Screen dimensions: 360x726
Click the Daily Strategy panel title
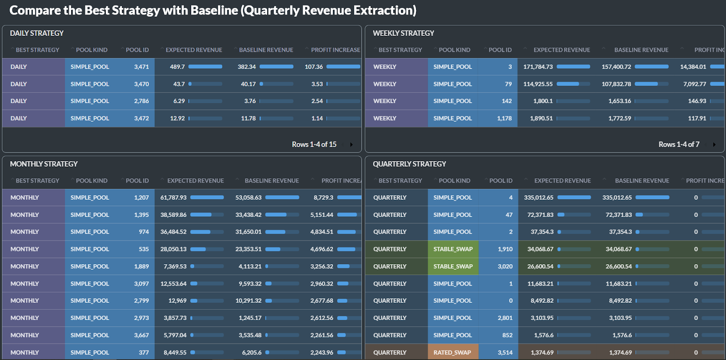click(37, 33)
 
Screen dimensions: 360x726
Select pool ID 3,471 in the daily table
click(141, 67)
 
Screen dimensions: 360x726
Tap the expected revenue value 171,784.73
click(538, 67)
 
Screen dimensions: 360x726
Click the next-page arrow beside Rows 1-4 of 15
click(351, 145)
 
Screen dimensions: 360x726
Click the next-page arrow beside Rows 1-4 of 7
click(714, 145)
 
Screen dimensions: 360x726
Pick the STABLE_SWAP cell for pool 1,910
click(453, 249)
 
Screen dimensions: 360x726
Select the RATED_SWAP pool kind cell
click(452, 352)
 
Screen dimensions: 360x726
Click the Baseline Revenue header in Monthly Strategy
click(271, 181)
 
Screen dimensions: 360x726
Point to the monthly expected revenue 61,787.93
click(173, 197)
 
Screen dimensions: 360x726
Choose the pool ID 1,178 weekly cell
click(504, 118)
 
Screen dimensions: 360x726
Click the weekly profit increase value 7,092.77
click(694, 84)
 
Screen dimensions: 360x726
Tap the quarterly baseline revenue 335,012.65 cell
click(617, 197)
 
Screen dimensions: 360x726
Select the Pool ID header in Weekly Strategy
click(500, 50)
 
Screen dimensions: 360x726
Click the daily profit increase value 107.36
click(314, 67)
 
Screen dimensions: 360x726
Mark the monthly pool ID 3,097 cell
click(141, 284)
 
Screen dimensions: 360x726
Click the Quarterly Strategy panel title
click(409, 164)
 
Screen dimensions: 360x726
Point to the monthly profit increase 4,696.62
click(321, 249)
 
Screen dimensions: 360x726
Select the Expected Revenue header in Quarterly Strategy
click(562, 181)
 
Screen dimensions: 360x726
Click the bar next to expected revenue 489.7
click(205, 67)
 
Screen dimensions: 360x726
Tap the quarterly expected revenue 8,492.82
click(542, 301)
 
